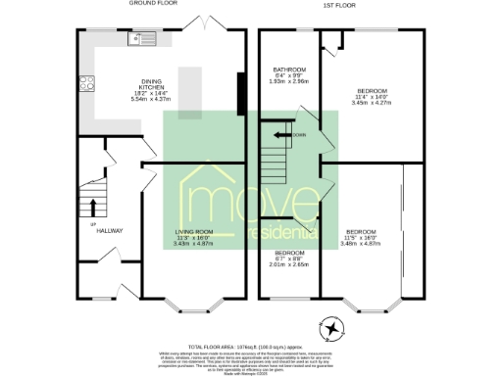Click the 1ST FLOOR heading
340,4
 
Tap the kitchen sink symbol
142,40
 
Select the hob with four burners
85,83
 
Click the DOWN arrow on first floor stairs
284,134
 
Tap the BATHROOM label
289,70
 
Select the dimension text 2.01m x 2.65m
290,263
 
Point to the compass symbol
334,327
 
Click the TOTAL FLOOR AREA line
251,347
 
